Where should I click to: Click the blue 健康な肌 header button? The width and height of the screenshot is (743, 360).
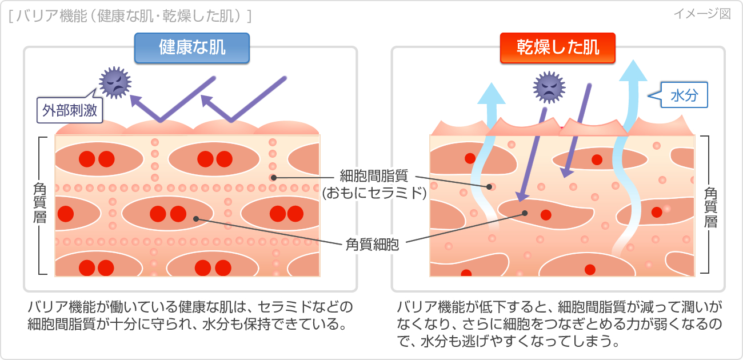click(x=192, y=47)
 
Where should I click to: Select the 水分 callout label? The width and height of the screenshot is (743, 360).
click(x=685, y=95)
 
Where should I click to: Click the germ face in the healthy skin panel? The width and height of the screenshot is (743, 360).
click(x=115, y=82)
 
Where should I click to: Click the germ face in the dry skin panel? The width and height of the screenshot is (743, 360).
click(x=549, y=87)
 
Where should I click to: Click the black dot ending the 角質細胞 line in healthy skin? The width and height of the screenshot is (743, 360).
click(x=196, y=218)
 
